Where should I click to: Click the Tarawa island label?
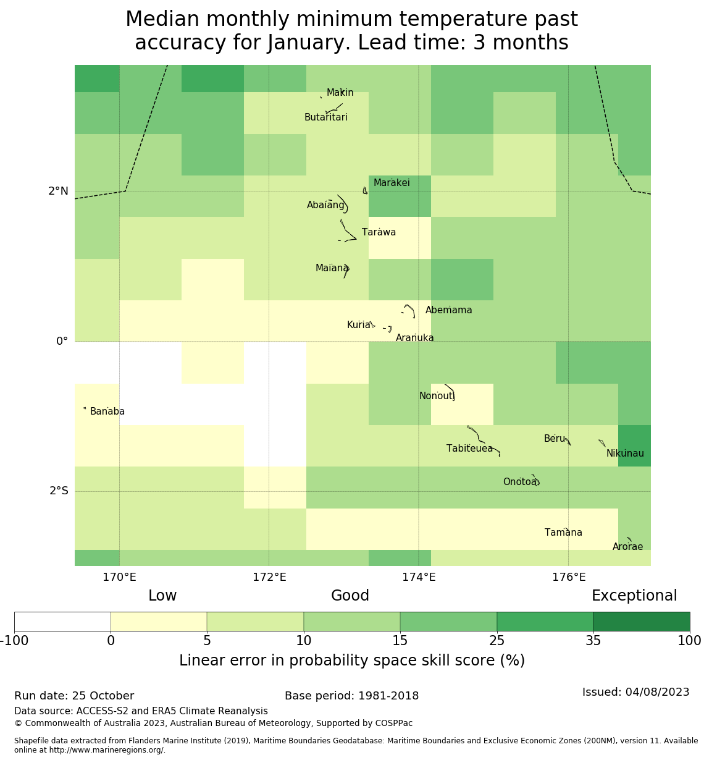[x=379, y=232]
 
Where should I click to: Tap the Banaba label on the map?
[x=107, y=412]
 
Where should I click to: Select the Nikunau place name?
[x=625, y=454]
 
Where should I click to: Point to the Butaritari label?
[x=326, y=117]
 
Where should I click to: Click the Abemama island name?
[x=449, y=310]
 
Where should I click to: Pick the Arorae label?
[x=627, y=547]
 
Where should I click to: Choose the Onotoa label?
[x=520, y=482]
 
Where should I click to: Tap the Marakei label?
[x=392, y=183]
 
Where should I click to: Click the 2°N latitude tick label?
[x=59, y=191]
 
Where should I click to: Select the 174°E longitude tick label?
[x=419, y=577]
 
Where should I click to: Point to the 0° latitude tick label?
[x=62, y=341]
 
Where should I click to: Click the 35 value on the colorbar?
[x=593, y=641]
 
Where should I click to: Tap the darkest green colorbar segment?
[x=641, y=622]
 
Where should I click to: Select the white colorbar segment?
[x=62, y=622]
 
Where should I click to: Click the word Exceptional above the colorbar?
[x=634, y=596]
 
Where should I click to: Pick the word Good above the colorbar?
[x=350, y=596]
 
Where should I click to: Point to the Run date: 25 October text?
[x=74, y=696]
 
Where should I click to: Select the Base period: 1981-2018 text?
[x=351, y=696]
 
